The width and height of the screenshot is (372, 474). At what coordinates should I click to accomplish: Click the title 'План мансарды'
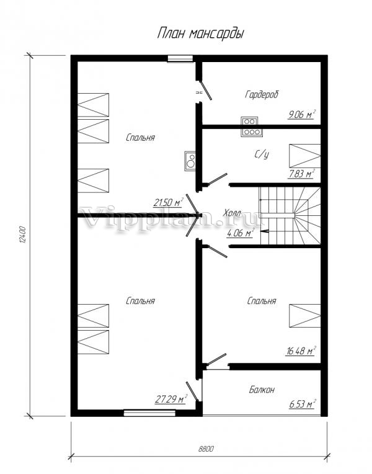201,34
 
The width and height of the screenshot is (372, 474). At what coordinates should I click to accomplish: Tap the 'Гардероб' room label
262,94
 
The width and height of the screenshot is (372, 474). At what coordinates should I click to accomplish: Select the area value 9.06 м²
302,115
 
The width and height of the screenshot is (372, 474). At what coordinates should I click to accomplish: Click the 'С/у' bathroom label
262,154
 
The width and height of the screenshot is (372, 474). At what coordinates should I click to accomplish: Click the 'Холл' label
232,213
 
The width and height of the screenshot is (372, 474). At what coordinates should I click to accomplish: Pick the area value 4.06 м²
240,233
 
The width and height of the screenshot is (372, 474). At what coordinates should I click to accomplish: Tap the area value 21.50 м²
168,202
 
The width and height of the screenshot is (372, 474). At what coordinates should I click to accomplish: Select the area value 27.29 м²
171,399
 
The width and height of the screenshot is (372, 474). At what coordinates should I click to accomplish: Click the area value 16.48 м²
301,351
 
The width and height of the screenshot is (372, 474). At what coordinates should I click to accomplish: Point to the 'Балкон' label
262,390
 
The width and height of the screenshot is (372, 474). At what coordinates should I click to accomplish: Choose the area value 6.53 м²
303,404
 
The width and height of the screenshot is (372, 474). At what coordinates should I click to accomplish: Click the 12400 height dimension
24,235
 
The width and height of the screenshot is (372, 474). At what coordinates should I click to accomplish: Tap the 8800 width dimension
206,449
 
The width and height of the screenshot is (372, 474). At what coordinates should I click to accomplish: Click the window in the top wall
180,59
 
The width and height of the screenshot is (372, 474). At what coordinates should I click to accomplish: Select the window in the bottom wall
149,413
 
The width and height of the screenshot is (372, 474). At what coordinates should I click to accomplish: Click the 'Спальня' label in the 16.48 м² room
262,301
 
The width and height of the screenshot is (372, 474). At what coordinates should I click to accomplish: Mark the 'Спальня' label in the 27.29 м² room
141,301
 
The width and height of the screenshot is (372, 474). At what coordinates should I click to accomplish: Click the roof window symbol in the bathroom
304,156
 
